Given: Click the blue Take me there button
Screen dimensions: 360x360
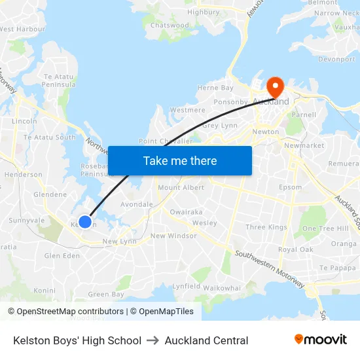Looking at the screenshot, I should [180, 160].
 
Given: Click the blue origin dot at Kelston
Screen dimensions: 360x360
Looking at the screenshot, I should [85, 221].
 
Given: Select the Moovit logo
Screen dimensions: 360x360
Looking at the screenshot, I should [320, 340].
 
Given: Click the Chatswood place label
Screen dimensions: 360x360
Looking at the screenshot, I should [170, 26].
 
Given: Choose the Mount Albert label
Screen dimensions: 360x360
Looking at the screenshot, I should [181, 188].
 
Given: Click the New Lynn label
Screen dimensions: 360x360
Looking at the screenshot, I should [118, 242].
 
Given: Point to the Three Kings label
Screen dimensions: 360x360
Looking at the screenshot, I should [266, 227].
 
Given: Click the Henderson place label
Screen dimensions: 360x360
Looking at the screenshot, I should [23, 175].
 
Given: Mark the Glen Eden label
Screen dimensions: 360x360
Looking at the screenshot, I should [62, 256].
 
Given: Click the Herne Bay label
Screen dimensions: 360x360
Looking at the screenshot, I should [215, 88].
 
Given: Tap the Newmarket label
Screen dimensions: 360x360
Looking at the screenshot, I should [304, 145].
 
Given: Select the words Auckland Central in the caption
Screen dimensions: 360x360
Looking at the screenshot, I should [206, 340].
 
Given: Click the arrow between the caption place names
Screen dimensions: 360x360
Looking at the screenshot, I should [153, 340].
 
